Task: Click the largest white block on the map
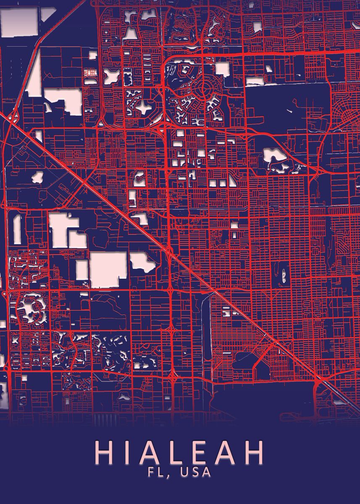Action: click(108, 269)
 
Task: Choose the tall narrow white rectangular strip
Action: click(17, 229)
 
